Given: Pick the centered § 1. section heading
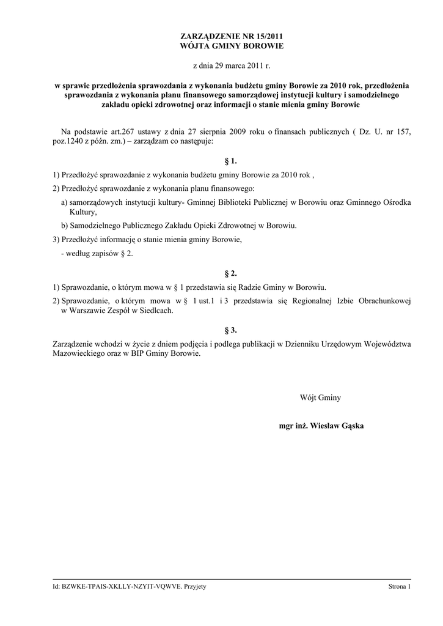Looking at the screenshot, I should pyautogui.click(x=231, y=161).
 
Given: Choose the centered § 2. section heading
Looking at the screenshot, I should pyautogui.click(x=231, y=273).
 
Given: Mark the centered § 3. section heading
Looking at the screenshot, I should pyautogui.click(x=231, y=330).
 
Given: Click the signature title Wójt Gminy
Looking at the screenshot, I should pyautogui.click(x=320, y=398).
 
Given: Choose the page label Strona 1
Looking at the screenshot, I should pyautogui.click(x=400, y=587).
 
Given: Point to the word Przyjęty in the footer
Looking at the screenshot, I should pyautogui.click(x=194, y=587).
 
